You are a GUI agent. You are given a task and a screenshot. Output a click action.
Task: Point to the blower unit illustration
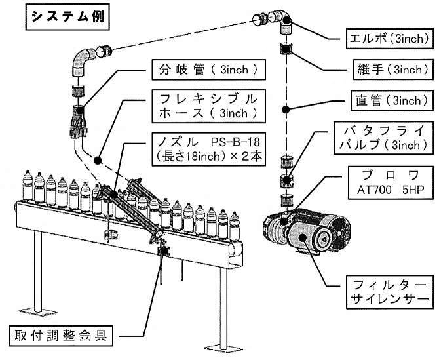point(305,230)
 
